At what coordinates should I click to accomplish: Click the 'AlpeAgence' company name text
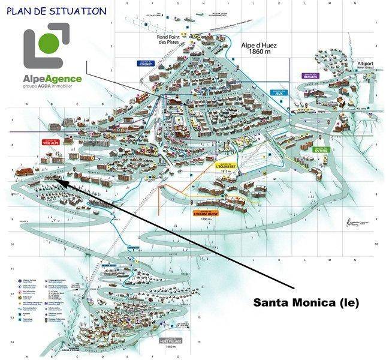click(53, 78)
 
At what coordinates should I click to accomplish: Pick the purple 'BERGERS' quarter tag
click(310, 76)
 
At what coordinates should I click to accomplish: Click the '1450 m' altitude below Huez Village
click(170, 347)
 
